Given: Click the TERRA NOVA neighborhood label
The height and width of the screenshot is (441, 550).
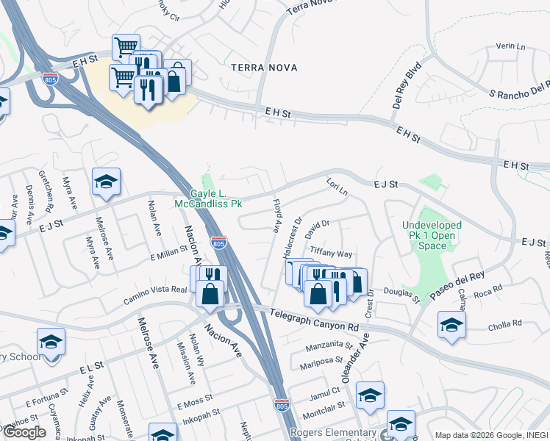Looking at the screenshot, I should click(264, 68).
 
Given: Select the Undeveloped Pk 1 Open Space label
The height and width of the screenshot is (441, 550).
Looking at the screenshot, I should click(432, 235).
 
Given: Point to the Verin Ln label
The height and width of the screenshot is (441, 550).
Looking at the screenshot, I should click(508, 46).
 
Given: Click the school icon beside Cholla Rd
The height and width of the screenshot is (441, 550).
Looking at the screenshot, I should click(451, 325).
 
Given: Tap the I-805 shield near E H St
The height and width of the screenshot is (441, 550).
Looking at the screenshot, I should click(50, 79).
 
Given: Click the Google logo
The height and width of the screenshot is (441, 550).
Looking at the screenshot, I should click(25, 432).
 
